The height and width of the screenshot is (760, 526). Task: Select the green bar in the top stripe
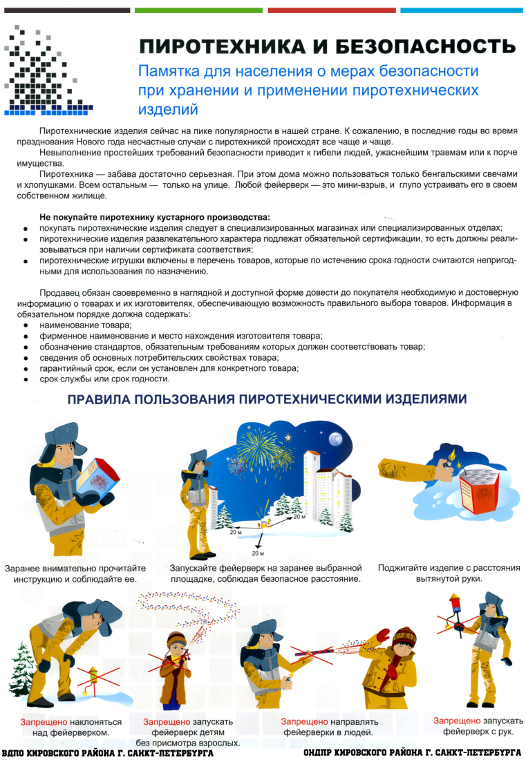click(x=198, y=10)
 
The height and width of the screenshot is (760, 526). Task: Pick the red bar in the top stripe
click(x=331, y=10)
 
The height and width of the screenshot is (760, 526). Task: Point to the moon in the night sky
click(x=335, y=438)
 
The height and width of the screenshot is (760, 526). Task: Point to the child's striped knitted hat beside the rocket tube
click(x=402, y=636)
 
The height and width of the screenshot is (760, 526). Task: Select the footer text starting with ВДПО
click(x=107, y=752)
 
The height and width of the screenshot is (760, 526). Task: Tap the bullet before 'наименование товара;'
click(x=26, y=325)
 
